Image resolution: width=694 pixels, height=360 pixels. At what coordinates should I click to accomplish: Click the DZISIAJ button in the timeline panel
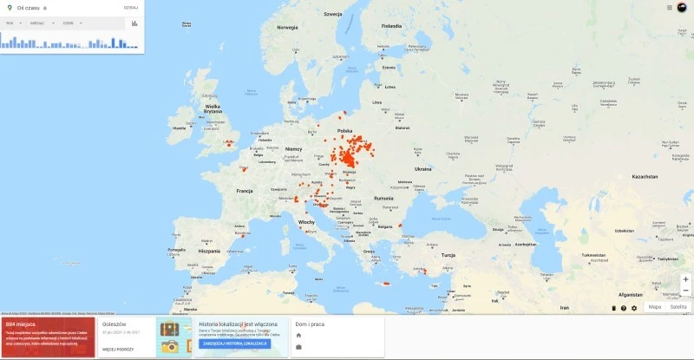(131, 7)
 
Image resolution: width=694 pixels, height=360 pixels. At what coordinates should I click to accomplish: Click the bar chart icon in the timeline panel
(134, 23)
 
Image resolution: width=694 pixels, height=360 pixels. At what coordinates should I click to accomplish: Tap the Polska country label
(344, 131)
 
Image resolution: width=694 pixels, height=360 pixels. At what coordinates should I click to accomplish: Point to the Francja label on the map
(245, 191)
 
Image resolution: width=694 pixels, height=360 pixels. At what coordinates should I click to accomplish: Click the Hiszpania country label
(209, 251)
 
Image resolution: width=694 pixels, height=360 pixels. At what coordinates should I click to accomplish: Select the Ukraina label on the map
(422, 169)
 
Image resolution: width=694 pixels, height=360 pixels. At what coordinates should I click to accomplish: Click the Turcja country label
(448, 256)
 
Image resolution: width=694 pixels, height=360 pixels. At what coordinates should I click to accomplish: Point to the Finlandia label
(391, 26)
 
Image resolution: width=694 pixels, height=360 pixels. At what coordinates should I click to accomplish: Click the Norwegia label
(287, 27)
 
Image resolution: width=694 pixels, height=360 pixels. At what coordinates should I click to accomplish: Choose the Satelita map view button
(678, 307)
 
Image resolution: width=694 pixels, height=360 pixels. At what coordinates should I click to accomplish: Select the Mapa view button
(655, 307)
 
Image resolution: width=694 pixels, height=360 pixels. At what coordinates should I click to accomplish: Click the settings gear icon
(634, 308)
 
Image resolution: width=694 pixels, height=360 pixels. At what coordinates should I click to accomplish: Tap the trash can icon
(613, 308)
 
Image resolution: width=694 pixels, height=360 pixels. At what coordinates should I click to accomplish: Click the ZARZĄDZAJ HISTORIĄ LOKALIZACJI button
(234, 344)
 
